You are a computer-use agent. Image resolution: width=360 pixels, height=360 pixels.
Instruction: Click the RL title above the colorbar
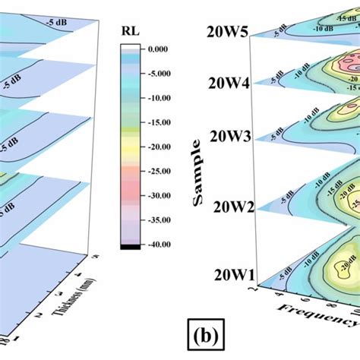pos(130,33)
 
